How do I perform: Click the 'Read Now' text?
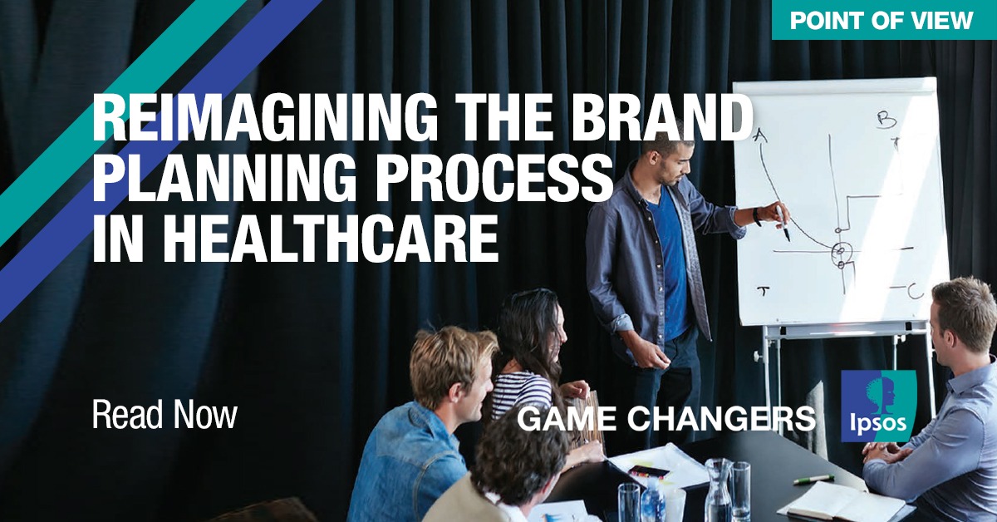click(165, 415)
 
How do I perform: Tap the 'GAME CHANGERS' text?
click(666, 419)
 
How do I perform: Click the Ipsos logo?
click(878, 406)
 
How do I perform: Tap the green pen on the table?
click(813, 480)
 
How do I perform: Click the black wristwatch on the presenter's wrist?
click(756, 217)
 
